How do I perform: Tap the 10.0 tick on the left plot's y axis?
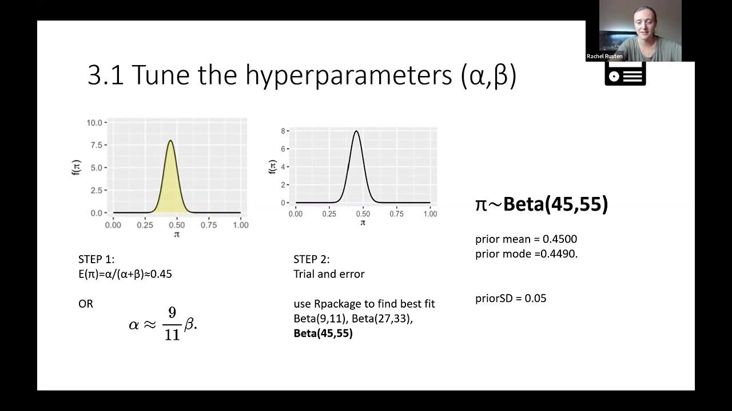[94, 123]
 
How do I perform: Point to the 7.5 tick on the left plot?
[96, 145]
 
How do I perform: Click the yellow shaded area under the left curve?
[171, 188]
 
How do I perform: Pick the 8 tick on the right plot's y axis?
[283, 131]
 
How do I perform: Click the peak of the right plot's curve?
[356, 132]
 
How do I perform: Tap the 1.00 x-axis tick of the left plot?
[240, 225]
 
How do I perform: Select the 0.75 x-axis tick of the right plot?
[396, 214]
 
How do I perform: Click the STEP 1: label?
[96, 260]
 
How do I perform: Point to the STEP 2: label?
[312, 260]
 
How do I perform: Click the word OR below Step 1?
[86, 304]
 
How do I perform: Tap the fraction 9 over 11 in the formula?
[172, 324]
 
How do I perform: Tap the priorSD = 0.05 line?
[511, 299]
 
